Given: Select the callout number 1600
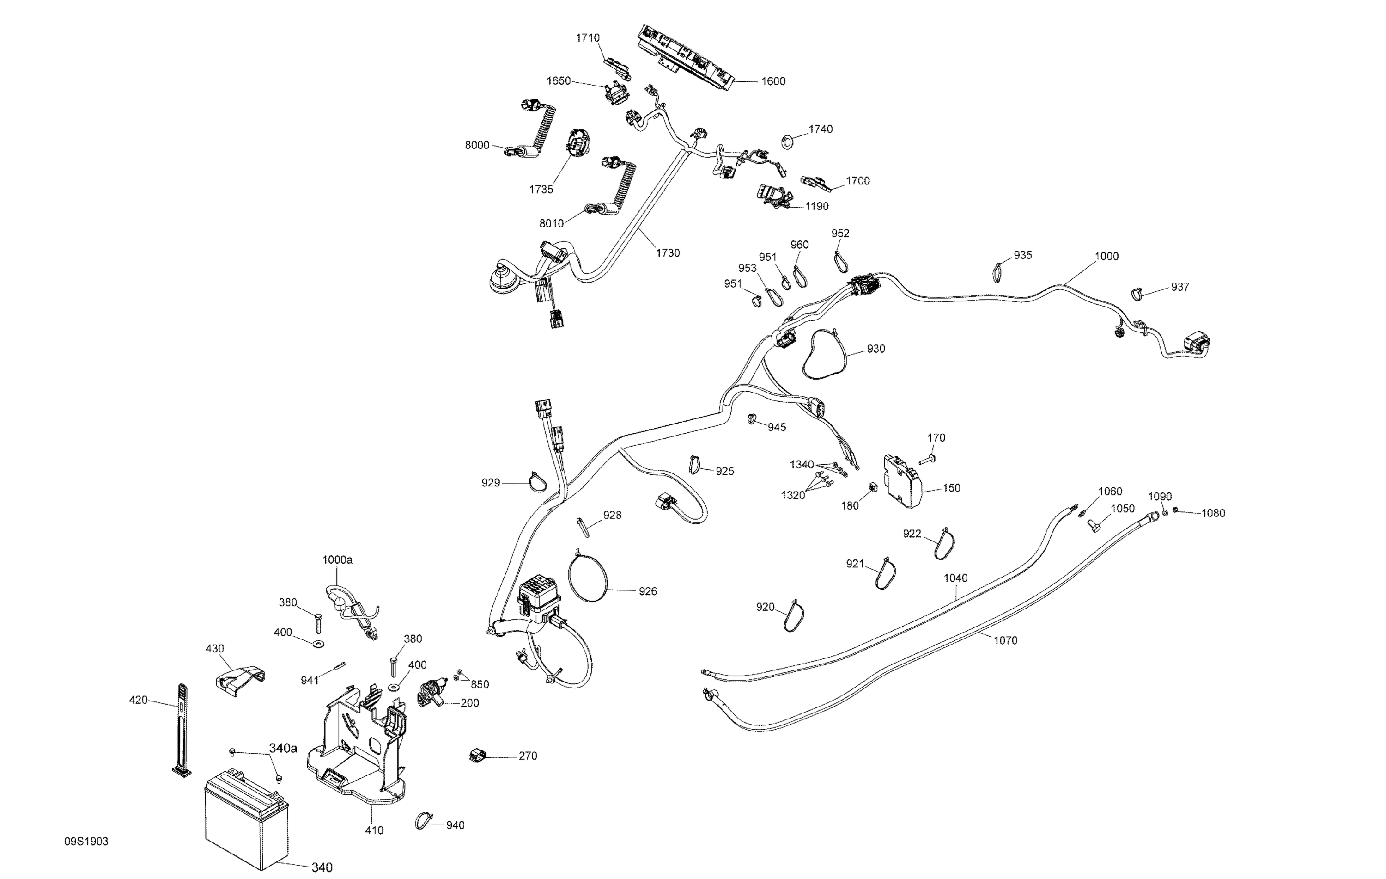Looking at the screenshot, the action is click(x=773, y=81).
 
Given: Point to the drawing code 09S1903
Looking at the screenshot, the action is click(x=86, y=842).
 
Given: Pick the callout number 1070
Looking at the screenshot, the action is click(x=1005, y=640).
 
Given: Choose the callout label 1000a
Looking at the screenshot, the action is click(x=337, y=559).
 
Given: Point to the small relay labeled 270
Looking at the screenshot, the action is click(x=477, y=755).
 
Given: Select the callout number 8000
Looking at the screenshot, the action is click(x=477, y=145).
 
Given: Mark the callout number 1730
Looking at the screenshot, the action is click(x=668, y=253).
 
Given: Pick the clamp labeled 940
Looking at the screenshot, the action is click(x=424, y=820).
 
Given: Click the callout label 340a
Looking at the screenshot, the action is click(x=283, y=748).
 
